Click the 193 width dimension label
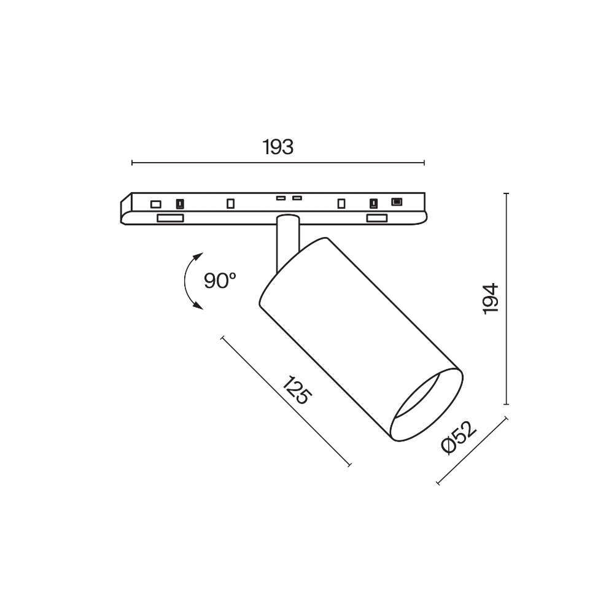(x=278, y=147)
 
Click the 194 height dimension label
(x=490, y=298)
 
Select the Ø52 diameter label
(x=459, y=437)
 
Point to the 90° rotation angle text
(x=220, y=281)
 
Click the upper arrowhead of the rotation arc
(x=198, y=257)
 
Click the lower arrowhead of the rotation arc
(x=198, y=305)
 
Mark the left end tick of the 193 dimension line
(x=133, y=163)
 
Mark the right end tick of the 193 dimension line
(x=424, y=163)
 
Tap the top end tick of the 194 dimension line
(x=507, y=193)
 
